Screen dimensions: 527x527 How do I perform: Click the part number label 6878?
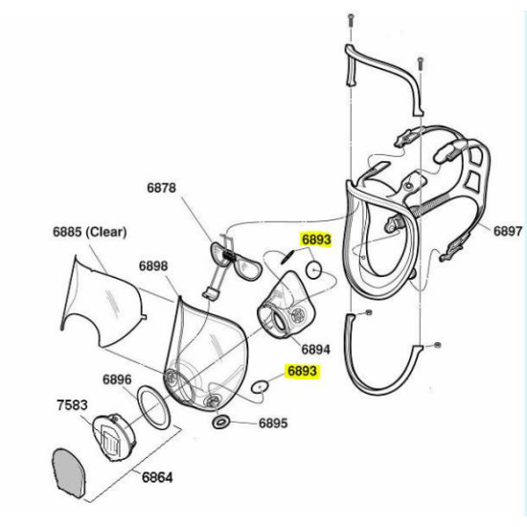161,188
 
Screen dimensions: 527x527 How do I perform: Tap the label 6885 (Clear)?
90,232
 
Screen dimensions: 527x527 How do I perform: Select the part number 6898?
153,265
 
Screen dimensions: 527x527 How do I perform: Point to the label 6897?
508,231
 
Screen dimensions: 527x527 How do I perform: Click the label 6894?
315,349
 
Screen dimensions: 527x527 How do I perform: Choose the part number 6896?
117,379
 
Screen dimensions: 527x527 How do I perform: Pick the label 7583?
72,405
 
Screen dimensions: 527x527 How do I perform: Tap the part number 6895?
273,424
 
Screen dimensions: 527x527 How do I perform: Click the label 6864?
157,477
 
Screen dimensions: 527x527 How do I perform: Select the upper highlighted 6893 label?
316,240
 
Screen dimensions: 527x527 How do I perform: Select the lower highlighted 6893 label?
302,371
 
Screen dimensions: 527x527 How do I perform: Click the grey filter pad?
70,473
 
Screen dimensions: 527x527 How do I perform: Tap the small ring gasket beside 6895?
220,422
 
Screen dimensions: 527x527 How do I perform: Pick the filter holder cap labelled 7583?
114,438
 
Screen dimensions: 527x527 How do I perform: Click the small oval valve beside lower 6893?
260,386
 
